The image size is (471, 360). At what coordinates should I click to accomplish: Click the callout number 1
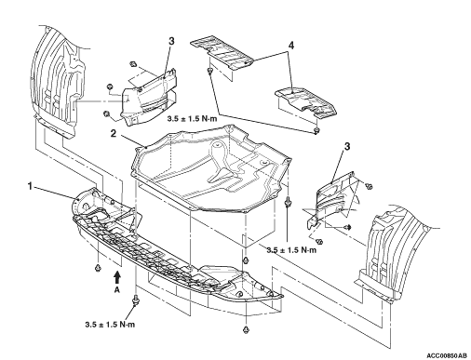coord(30,187)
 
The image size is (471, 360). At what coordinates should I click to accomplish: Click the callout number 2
coord(114,134)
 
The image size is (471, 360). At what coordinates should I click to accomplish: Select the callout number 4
coord(291,46)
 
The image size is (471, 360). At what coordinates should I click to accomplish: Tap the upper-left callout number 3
coord(171,41)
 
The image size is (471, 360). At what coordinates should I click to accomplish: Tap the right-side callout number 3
coord(347,146)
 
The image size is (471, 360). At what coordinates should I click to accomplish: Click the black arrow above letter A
coord(117,277)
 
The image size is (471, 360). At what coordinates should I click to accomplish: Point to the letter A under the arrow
coord(117,289)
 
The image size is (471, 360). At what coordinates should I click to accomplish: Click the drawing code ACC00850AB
coord(447,355)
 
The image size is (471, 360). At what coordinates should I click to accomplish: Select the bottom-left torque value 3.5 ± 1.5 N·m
coord(110,325)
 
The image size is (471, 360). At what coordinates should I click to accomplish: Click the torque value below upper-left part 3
coord(192,119)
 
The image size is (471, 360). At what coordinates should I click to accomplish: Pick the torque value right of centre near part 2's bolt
coord(291,250)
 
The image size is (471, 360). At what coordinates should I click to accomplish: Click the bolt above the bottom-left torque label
coord(135,300)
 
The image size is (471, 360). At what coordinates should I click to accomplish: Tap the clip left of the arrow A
coord(99,268)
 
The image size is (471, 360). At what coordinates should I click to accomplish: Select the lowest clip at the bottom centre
coord(246,329)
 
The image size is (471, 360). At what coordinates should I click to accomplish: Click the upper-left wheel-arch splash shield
coord(58,81)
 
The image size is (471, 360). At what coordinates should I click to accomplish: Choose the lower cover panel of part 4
coord(305,101)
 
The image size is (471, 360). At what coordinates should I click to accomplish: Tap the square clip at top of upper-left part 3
coord(133,63)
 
